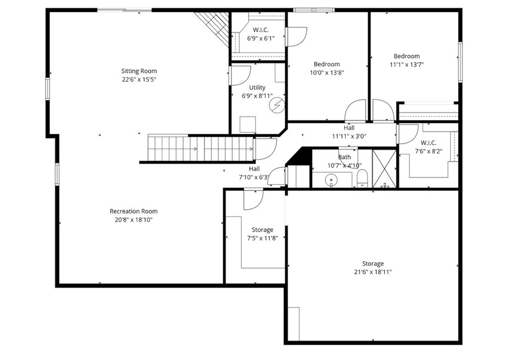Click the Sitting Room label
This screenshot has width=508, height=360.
point(139,71)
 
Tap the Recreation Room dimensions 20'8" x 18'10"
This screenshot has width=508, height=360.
point(131,220)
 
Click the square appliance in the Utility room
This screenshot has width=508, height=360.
point(247,124)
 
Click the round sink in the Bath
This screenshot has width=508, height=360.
point(330,180)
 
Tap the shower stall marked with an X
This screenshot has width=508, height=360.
point(384,169)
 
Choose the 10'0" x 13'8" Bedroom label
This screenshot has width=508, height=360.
point(326,64)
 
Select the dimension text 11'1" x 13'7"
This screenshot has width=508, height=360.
point(407,64)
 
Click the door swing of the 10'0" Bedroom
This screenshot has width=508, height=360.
point(356,110)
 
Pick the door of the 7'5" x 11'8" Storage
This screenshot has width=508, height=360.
point(254,199)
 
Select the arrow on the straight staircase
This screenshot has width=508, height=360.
point(195,149)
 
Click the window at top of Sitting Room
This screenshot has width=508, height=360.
point(124,9)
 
